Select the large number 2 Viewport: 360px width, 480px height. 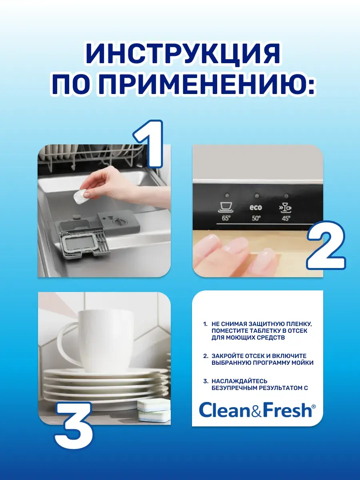pos(326,245)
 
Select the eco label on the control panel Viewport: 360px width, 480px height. pos(256,207)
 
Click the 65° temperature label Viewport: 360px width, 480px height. pos(226,218)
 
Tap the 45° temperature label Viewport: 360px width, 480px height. pos(286,218)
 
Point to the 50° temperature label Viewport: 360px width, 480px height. pos(256,218)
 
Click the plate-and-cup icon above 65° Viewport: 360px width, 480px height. pos(226,207)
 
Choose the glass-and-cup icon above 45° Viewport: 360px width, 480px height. pos(285,208)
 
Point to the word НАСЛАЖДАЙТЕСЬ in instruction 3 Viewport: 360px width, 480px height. pos(239,381)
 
